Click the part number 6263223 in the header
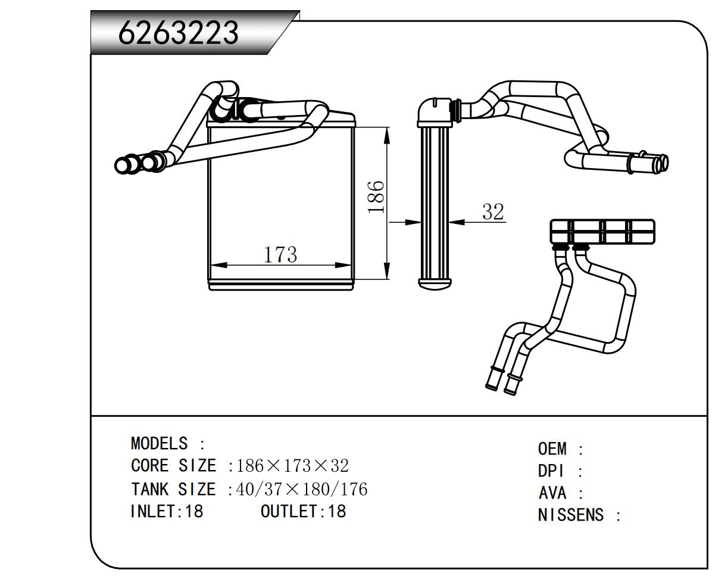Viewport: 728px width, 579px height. (178, 32)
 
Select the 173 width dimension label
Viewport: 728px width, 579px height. (280, 254)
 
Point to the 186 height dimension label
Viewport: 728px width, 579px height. (376, 197)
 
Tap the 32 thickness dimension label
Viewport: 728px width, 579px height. (493, 211)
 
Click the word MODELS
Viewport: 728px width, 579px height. (159, 444)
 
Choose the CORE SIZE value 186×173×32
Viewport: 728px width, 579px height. (292, 466)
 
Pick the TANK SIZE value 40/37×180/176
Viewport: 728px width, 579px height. (302, 490)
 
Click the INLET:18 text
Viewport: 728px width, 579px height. (167, 511)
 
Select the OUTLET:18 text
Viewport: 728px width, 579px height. (303, 511)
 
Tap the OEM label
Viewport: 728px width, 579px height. (552, 449)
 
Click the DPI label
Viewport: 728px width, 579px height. (551, 471)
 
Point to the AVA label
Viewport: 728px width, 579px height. (552, 493)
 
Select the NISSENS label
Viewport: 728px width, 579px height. (571, 515)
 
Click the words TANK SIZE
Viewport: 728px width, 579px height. (173, 490)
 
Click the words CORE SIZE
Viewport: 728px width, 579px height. (173, 466)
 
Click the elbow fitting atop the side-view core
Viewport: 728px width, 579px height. (435, 111)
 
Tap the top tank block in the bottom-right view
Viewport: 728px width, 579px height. (602, 231)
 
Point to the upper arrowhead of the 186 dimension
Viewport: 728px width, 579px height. (388, 135)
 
